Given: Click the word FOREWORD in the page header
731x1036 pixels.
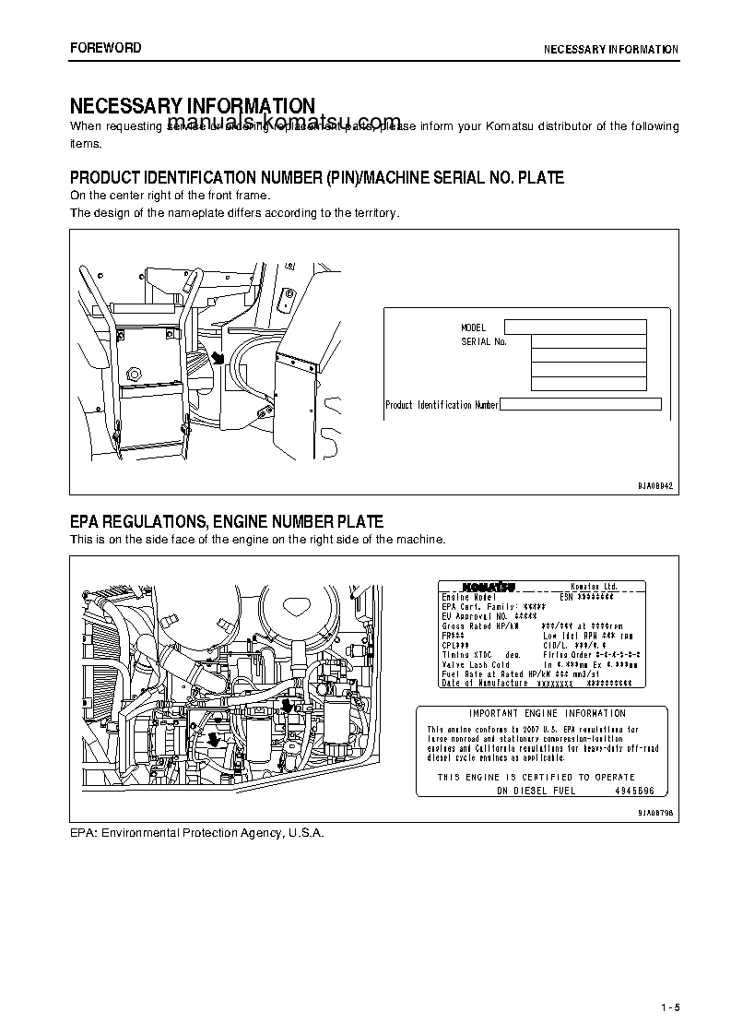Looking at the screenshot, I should pyautogui.click(x=105, y=48).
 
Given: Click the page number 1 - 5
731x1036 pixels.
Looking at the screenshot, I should pyautogui.click(x=668, y=981).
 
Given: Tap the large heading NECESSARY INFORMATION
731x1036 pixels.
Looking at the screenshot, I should pyautogui.click(x=193, y=106).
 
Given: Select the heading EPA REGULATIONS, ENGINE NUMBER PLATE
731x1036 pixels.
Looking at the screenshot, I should pyautogui.click(x=227, y=522).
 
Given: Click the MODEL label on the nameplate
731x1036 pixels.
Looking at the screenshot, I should pyautogui.click(x=473, y=327).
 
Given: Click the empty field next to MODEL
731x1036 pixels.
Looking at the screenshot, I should pyautogui.click(x=575, y=327).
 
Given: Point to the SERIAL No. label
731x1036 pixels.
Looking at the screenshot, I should pyautogui.click(x=484, y=341).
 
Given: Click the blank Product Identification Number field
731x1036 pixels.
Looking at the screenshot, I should pyautogui.click(x=581, y=404).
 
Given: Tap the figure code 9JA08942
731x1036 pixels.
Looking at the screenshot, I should pyautogui.click(x=656, y=485).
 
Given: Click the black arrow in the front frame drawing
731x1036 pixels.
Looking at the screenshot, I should pyautogui.click(x=218, y=356).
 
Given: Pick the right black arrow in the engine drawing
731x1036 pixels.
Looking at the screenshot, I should pyautogui.click(x=287, y=706).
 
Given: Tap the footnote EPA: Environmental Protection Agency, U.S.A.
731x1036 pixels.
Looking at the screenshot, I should pyautogui.click(x=197, y=832).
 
